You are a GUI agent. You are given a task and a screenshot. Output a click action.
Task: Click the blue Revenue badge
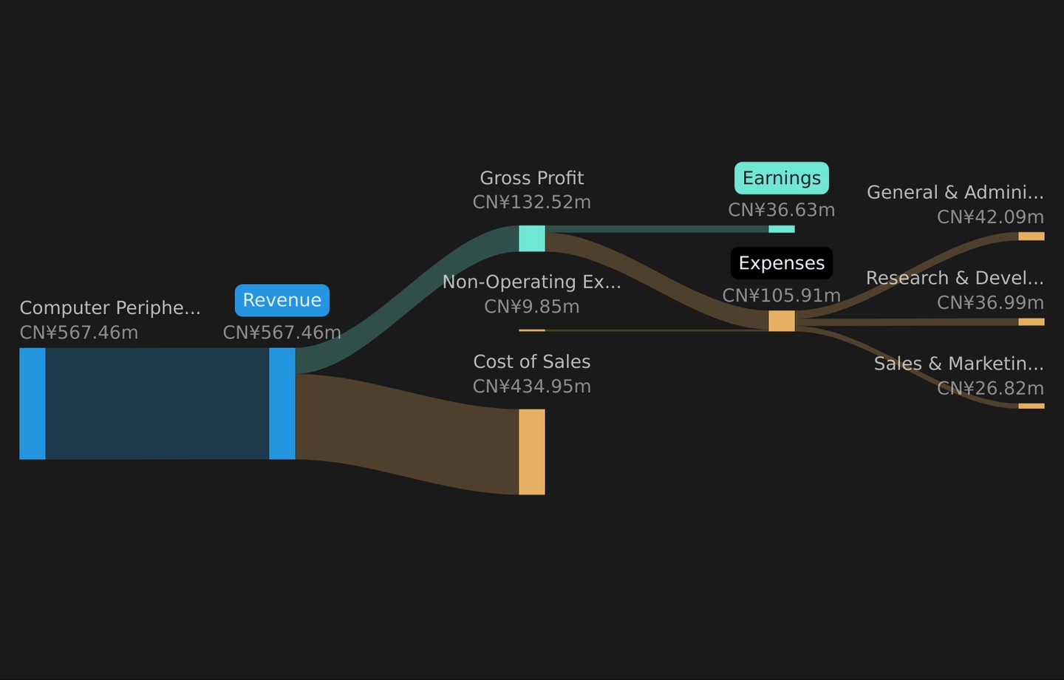click(282, 300)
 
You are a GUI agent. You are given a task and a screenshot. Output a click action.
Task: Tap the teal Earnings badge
click(782, 178)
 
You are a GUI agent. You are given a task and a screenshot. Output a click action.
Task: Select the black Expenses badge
click(782, 263)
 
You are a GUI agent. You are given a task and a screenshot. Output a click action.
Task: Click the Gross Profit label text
click(531, 178)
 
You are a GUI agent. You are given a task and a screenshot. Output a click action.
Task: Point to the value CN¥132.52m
click(531, 203)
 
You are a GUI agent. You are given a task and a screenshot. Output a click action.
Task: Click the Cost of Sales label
click(531, 361)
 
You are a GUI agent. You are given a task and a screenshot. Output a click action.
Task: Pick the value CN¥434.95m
click(531, 387)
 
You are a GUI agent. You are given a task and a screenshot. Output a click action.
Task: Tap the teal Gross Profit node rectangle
click(531, 239)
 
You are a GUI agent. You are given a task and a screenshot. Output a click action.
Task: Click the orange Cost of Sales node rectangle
click(531, 452)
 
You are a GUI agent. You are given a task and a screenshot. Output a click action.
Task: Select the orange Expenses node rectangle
click(782, 322)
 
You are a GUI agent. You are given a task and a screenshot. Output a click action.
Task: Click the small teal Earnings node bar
click(782, 229)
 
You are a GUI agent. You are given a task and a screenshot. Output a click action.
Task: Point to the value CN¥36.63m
click(782, 210)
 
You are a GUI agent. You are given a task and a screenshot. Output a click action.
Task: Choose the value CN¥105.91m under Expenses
click(782, 296)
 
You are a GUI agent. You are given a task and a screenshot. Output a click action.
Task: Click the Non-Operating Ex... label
click(531, 282)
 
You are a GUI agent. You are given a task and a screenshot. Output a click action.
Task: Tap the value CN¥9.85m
click(531, 307)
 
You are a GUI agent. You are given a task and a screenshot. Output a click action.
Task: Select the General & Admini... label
click(955, 192)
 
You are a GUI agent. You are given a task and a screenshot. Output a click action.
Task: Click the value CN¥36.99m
click(990, 303)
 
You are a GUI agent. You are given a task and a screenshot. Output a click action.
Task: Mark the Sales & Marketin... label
click(959, 364)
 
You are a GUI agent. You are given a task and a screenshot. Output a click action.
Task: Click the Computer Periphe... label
click(109, 308)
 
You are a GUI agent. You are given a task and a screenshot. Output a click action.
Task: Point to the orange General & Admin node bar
click(1031, 237)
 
